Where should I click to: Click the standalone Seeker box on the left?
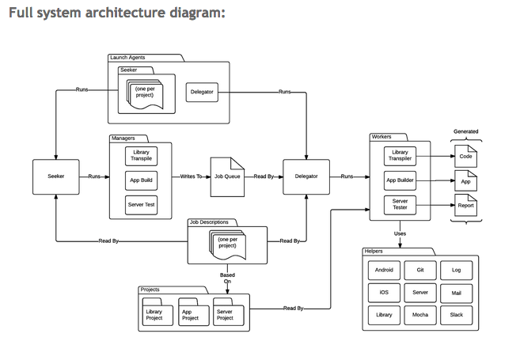point(56,176)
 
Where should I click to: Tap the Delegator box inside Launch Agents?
point(202,93)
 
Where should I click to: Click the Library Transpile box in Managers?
point(141,156)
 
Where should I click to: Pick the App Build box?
point(141,180)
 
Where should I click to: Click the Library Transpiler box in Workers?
point(400,156)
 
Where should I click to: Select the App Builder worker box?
point(400,180)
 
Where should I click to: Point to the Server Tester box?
point(400,205)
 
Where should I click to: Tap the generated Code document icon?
point(466,156)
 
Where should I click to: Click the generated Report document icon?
point(466,205)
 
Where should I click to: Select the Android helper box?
point(384,270)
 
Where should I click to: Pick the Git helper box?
point(420,270)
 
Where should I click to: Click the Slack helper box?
point(456,315)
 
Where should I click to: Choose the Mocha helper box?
point(420,315)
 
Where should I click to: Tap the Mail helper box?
point(456,293)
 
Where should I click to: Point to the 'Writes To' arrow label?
point(192,176)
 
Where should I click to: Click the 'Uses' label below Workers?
point(400,233)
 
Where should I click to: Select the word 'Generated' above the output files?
point(465,131)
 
